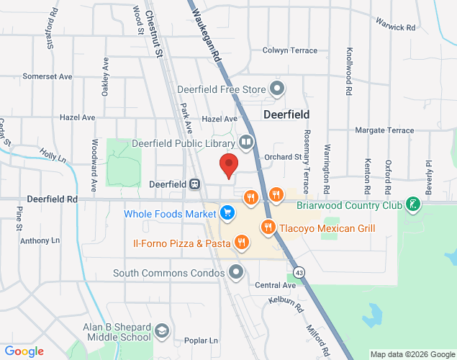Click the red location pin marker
coord(229,166)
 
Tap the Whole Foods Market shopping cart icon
coord(227,213)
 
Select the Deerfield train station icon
coord(194,184)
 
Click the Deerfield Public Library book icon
coord(246,143)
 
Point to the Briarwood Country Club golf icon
coord(412,204)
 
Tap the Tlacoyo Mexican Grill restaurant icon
coord(268,228)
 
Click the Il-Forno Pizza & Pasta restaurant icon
coord(243,243)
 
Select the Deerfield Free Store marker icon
coord(277,89)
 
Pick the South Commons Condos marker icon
coord(236,272)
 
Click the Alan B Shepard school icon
coord(161,331)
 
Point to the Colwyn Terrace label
coord(290,50)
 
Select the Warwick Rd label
coord(397,28)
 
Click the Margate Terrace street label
coord(386,130)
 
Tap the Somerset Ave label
coord(47,76)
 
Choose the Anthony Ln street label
coord(40,240)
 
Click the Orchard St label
coord(282,156)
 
